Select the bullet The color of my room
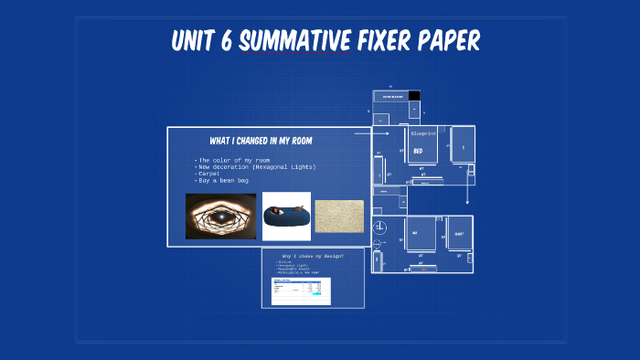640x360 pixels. pos(233,160)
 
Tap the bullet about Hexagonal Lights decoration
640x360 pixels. pos(256,167)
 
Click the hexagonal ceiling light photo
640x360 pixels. pos(220,216)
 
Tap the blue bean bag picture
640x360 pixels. pos(286,217)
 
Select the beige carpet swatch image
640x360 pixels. pos(339,217)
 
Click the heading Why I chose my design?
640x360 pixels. pos(313,256)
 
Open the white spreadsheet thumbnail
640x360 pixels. pos(302,291)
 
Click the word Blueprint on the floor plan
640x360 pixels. pos(424,133)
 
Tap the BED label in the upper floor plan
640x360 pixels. pos(418,150)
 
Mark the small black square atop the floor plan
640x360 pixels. pos(414,95)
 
